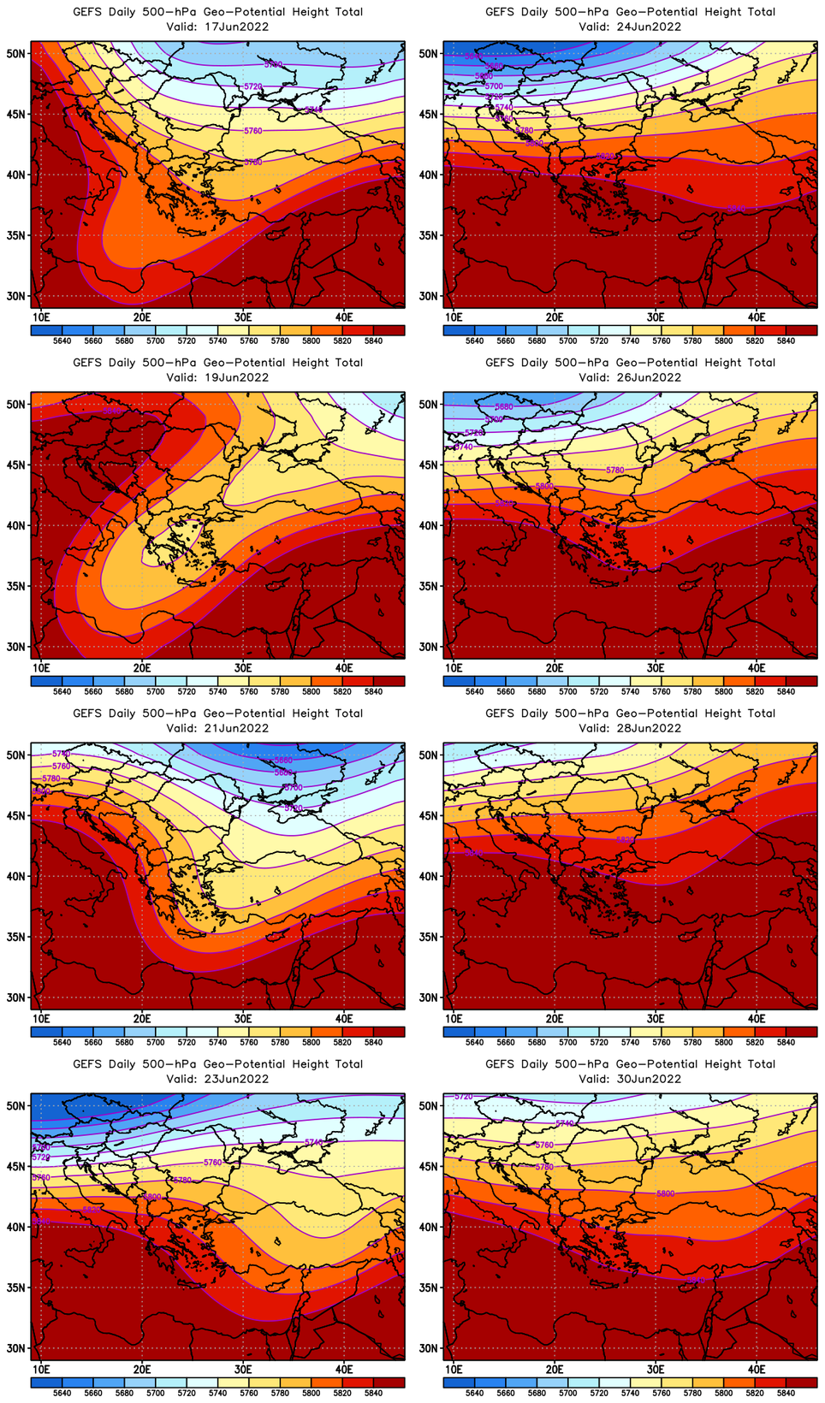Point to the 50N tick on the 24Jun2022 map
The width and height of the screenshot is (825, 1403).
point(428,53)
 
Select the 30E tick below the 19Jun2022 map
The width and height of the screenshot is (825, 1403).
point(243,667)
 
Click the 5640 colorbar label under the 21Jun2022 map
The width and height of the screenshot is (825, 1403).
point(62,1042)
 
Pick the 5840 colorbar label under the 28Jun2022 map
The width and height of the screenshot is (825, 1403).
point(786,1042)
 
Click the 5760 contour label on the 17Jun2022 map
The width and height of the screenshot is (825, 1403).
point(252,131)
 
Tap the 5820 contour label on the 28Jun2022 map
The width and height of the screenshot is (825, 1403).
point(626,840)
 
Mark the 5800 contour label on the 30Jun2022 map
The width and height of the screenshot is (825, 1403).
point(665,1193)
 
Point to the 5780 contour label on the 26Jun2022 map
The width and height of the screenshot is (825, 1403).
point(614,471)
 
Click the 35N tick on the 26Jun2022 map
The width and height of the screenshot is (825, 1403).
point(428,586)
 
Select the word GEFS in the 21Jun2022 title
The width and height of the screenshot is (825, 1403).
point(87,713)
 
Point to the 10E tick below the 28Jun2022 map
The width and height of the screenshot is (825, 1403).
point(454,1018)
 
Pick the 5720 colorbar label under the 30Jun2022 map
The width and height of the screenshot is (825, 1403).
point(599,1393)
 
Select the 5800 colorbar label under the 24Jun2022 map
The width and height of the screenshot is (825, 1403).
point(723,340)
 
